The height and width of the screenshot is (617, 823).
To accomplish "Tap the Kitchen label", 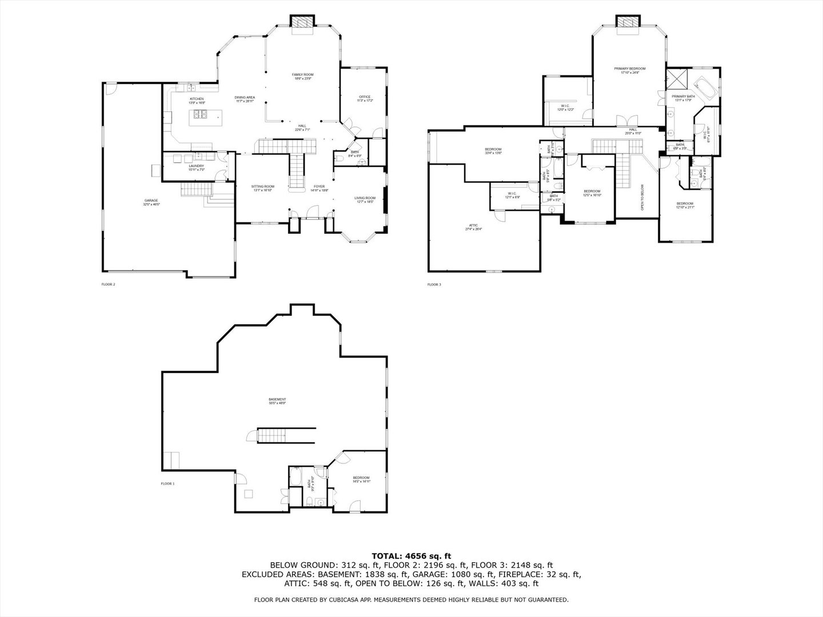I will (197, 99).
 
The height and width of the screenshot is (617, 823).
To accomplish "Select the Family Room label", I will (302, 75).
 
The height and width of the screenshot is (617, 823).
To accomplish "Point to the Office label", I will (365, 97).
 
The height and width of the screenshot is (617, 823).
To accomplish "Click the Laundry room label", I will (196, 166).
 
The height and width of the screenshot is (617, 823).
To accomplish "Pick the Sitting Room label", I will (263, 187).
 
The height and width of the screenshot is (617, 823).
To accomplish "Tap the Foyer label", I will (319, 187).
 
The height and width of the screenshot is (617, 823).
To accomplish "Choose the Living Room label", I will (365, 198).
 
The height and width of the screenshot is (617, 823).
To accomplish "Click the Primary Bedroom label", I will (630, 69).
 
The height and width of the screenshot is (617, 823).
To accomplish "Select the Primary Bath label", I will (683, 97).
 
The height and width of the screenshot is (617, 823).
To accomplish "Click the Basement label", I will (277, 400).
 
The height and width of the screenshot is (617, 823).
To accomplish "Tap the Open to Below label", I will (642, 197).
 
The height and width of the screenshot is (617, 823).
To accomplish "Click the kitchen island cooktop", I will (199, 114).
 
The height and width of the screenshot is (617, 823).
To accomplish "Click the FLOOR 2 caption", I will (108, 284).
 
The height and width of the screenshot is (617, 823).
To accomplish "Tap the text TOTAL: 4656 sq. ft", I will (411, 555).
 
